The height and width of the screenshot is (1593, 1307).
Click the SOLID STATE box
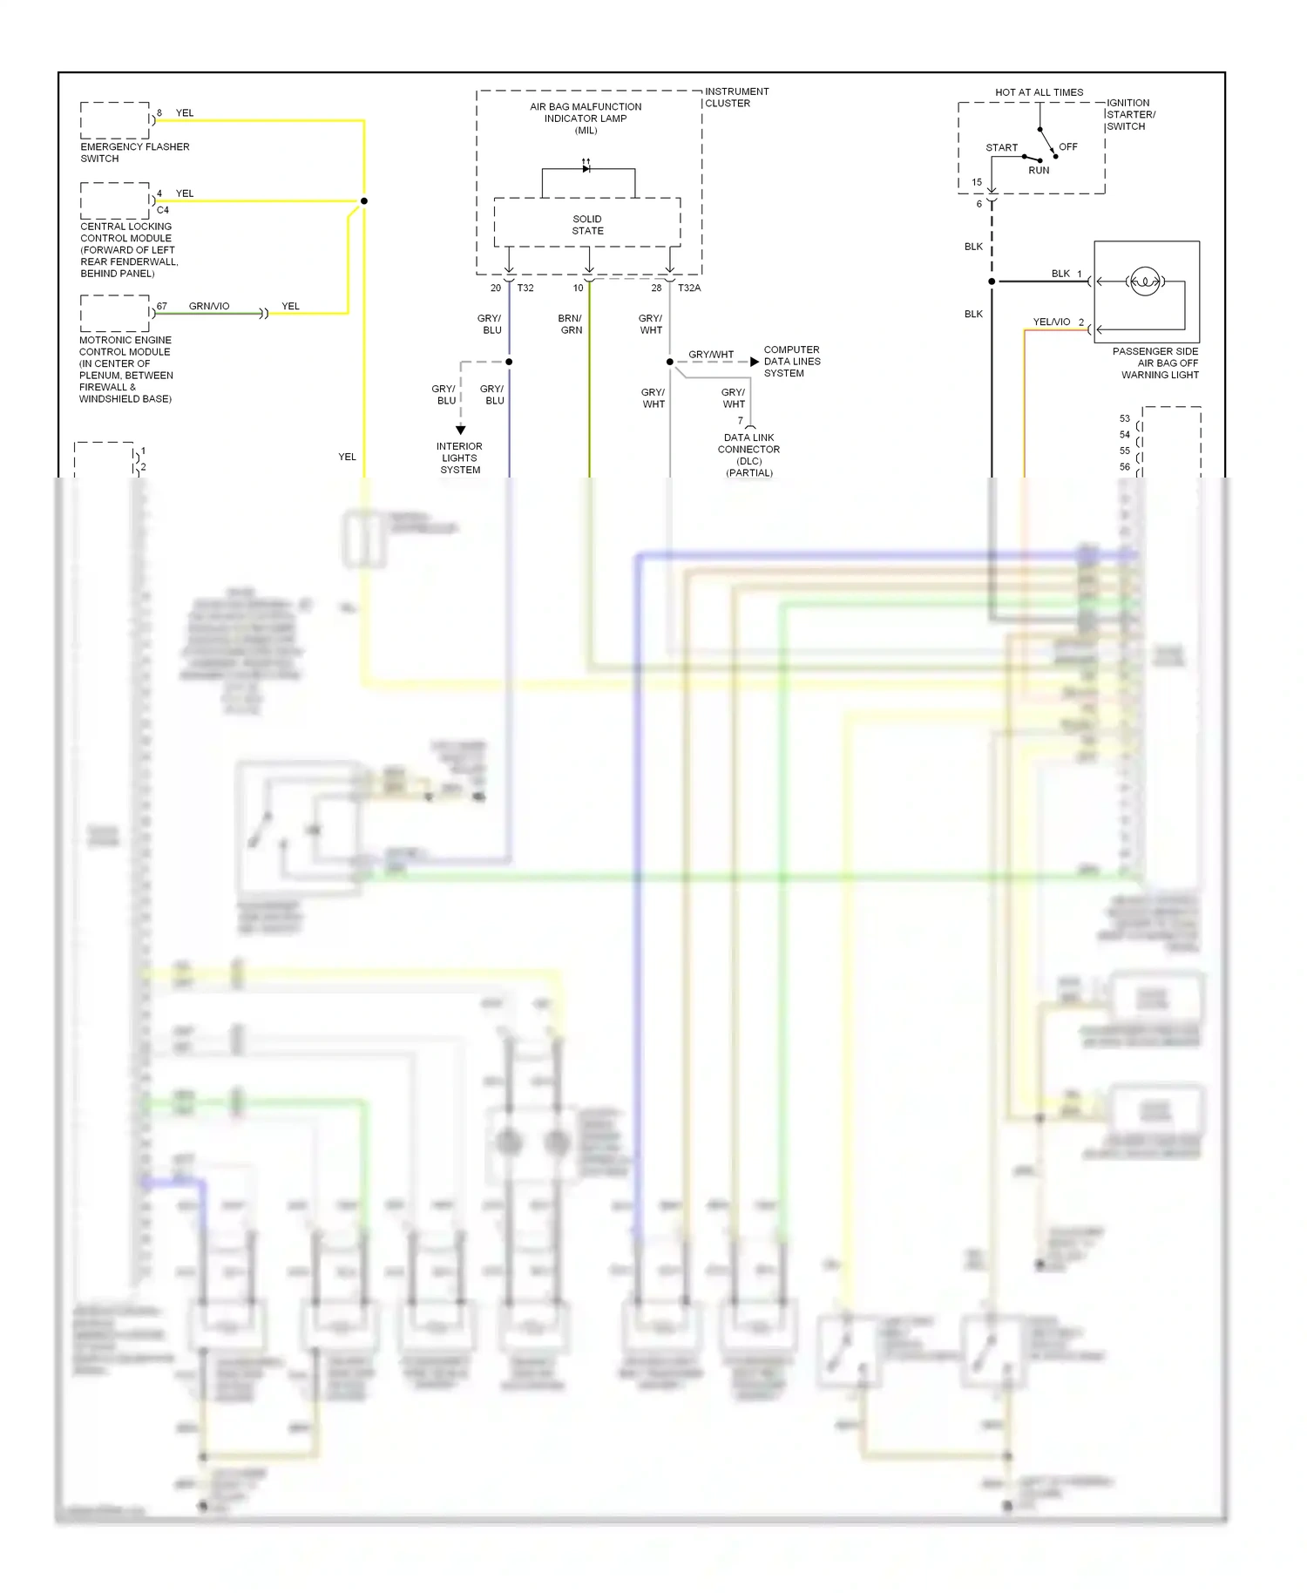(x=587, y=224)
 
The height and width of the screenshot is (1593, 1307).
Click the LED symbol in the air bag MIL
(x=586, y=167)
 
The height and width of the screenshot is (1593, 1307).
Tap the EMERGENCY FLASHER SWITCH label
(x=134, y=153)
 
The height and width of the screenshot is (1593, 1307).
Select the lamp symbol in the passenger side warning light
(x=1144, y=281)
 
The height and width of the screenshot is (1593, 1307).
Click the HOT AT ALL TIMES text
(x=1039, y=92)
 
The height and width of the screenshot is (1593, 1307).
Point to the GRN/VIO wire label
(x=209, y=306)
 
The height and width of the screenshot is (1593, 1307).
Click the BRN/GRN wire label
(x=571, y=324)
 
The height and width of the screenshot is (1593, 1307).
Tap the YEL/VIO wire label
(x=1051, y=322)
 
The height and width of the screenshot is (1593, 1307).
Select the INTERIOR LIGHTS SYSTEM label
(x=460, y=458)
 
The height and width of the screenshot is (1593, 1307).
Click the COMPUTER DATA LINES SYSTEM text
(x=791, y=361)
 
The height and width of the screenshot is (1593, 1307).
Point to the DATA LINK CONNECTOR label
(x=748, y=449)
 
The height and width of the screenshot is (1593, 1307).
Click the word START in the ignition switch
(x=1001, y=147)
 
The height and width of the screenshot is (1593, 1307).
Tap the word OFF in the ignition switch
(x=1067, y=146)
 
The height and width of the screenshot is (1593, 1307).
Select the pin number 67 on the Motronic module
(x=162, y=306)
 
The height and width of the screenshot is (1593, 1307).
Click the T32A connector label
(x=689, y=288)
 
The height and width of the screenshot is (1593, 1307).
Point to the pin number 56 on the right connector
(x=1124, y=466)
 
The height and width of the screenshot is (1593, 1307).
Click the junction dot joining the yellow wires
(x=364, y=201)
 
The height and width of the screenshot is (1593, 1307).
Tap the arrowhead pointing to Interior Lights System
(x=460, y=430)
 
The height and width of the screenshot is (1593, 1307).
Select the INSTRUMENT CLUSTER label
(x=736, y=97)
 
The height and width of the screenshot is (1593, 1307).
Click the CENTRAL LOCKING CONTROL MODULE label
(x=129, y=249)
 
